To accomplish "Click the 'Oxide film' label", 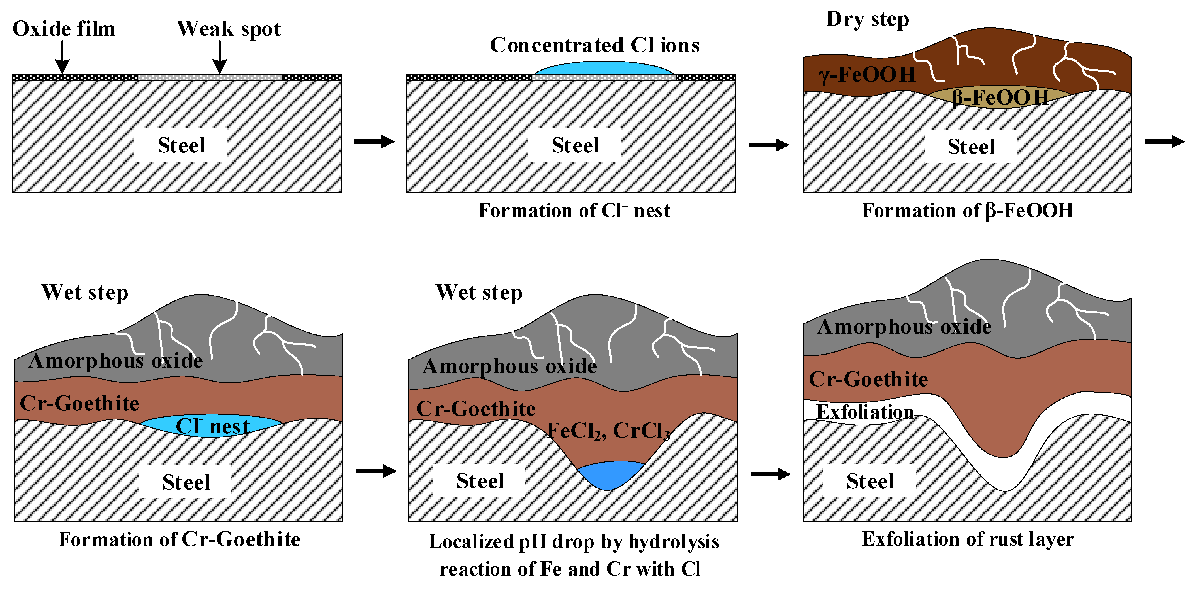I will (x=64, y=29).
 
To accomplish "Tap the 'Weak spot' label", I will (x=229, y=29).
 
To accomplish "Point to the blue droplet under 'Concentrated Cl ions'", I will (x=604, y=68).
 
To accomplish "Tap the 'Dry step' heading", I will (x=867, y=20).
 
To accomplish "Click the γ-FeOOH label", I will (x=867, y=75).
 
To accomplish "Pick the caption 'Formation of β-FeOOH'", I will (x=967, y=210).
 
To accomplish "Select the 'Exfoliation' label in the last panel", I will (x=865, y=412).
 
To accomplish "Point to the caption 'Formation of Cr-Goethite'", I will (x=179, y=539).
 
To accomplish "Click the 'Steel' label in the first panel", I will (x=181, y=145).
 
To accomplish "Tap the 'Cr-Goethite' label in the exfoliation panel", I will (x=868, y=379).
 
